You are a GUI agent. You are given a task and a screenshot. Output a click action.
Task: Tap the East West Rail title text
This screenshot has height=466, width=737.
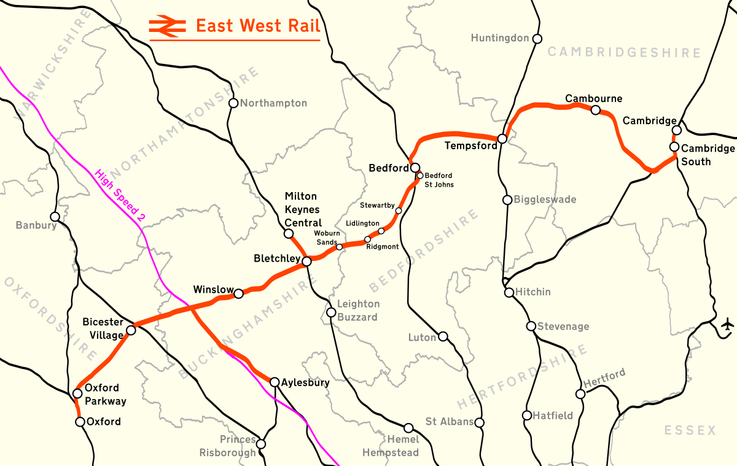(257, 26)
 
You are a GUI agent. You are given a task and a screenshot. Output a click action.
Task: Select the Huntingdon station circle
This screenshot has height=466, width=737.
(537, 39)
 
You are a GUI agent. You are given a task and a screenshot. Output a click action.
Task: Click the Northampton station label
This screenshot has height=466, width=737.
(273, 103)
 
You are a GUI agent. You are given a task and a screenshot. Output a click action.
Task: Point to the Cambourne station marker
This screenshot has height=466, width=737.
(595, 110)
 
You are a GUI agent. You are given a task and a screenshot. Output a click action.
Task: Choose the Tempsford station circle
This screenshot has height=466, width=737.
(502, 139)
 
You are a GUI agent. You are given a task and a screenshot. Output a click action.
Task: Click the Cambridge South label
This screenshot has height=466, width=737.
(708, 155)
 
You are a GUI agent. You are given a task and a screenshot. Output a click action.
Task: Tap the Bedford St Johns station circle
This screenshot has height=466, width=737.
(420, 176)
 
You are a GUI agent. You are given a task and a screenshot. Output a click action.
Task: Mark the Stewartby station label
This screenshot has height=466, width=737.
(376, 205)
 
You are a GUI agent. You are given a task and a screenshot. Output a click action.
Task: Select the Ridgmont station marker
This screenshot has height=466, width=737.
(368, 239)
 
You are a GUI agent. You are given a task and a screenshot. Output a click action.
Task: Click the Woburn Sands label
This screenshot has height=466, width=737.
(326, 238)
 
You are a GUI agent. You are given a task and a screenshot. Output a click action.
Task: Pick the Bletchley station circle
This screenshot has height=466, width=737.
(306, 262)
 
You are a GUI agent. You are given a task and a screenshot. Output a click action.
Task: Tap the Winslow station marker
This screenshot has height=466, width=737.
(239, 293)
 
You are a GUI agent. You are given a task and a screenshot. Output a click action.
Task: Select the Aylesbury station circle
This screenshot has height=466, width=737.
(275, 383)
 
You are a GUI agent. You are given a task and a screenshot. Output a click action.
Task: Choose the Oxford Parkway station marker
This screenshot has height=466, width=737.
(77, 394)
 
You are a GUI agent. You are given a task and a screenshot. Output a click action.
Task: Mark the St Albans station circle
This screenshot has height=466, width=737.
(480, 422)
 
